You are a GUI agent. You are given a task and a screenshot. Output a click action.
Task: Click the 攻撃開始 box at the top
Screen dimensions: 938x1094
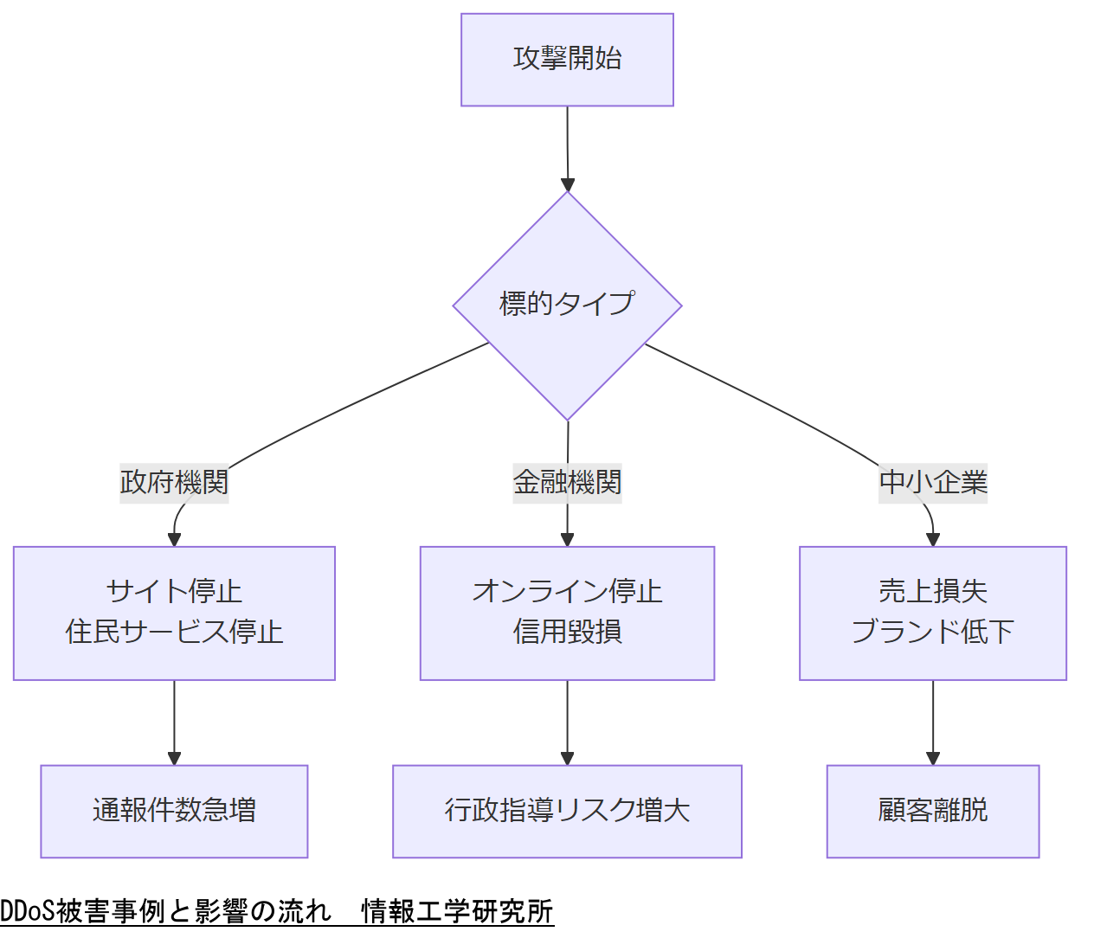coord(567,60)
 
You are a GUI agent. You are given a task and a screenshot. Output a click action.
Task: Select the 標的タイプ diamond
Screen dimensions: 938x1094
coord(567,305)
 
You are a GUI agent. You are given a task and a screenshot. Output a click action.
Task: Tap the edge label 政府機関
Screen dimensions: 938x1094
coord(174,482)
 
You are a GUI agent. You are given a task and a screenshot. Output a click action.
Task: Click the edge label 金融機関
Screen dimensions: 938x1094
coord(567,482)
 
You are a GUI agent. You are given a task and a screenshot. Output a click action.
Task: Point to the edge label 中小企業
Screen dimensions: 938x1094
coord(933,482)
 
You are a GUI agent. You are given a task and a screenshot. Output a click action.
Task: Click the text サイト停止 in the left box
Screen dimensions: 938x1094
coord(174,592)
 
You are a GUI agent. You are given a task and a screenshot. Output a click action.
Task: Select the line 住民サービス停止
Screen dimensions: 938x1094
coord(174,632)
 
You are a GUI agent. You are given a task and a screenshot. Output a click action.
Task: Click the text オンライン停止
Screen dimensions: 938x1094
coord(567,592)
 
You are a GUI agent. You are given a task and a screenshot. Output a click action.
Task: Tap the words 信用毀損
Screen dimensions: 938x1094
coord(567,632)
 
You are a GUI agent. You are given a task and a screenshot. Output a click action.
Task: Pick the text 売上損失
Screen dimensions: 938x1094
coord(933,592)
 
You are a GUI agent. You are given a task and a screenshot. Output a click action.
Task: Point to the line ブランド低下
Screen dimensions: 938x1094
coord(933,632)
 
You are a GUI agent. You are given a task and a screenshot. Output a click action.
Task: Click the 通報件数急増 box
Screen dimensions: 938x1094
coord(174,811)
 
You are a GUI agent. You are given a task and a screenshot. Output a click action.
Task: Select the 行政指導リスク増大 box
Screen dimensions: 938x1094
coord(567,811)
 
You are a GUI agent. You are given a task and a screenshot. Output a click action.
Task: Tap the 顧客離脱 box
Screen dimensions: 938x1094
coord(933,811)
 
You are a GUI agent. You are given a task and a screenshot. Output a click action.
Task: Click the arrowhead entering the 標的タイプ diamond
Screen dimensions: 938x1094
coord(568,184)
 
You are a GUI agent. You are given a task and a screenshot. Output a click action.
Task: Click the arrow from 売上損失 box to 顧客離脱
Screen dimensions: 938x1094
coord(933,723)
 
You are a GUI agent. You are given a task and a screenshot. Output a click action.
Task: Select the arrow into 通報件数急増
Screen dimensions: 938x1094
coord(174,723)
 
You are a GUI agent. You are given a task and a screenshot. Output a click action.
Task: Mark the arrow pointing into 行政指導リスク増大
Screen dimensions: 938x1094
coord(567,723)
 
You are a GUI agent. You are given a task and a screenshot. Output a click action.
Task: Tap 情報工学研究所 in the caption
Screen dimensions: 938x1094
coord(457,911)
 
